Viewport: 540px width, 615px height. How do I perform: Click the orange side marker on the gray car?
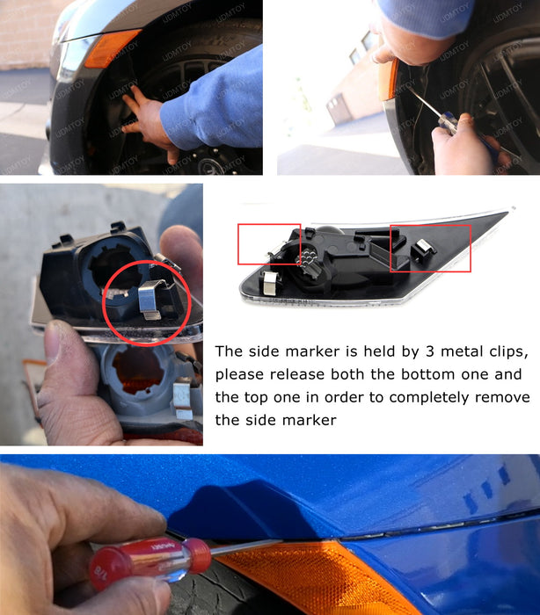click(x=111, y=47)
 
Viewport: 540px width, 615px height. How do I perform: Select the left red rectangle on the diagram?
click(x=269, y=243)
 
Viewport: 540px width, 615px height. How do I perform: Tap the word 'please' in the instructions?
click(x=242, y=374)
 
